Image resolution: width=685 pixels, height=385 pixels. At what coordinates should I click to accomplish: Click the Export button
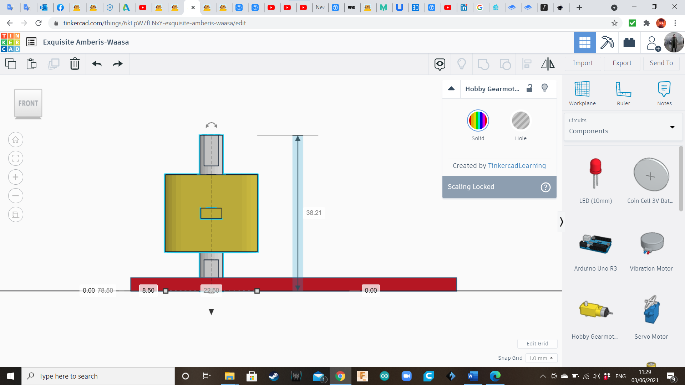622,63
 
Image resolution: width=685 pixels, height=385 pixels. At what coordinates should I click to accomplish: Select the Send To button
661,63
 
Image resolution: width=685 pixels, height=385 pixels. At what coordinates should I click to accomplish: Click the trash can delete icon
75,64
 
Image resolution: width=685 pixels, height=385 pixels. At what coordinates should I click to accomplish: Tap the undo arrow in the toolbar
97,64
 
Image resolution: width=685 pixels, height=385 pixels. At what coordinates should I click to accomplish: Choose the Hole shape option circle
521,120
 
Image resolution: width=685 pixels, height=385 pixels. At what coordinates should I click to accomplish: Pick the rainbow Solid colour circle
478,120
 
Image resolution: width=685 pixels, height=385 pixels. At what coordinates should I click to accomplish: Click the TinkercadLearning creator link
517,166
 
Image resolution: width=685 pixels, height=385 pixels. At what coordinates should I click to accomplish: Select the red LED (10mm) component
595,173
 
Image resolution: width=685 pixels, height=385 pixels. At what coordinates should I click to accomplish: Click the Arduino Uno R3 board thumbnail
595,244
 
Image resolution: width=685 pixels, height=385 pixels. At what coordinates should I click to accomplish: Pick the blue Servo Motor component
651,310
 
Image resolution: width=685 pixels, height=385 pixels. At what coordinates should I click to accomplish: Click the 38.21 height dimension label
314,213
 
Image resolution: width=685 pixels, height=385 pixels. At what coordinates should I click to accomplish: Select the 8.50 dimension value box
148,291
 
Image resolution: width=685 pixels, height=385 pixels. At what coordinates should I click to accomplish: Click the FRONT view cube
28,103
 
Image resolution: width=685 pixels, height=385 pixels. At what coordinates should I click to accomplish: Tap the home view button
16,140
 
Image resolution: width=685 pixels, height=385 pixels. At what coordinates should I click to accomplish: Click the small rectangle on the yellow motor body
211,213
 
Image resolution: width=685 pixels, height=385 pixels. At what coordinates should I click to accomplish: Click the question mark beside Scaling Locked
546,187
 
